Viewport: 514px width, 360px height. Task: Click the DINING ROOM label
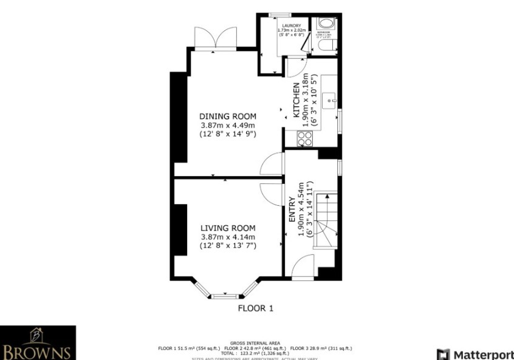tap(228, 117)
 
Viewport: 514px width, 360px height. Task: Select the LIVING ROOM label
tap(228, 228)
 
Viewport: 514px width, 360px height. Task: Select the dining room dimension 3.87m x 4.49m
tap(228, 125)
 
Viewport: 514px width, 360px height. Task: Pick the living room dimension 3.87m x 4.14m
tap(228, 237)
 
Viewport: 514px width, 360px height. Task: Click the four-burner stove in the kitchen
tap(304, 139)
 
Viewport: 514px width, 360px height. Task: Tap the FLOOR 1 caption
tap(255, 308)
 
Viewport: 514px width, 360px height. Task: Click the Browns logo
tap(38, 343)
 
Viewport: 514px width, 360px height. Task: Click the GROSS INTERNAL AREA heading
tap(255, 343)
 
